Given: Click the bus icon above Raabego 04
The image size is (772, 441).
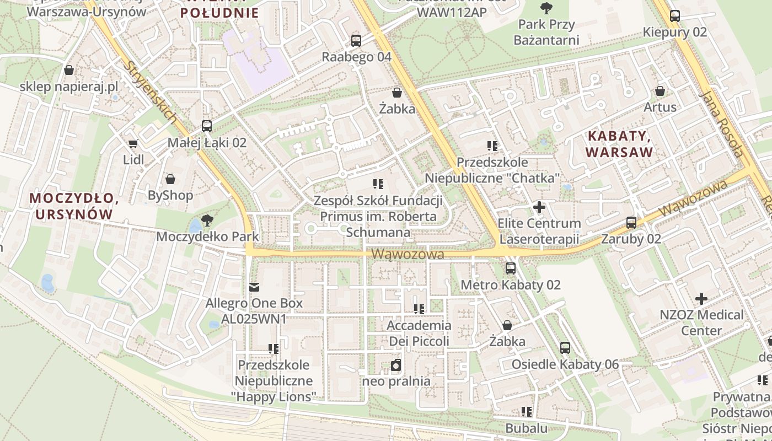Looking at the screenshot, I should tap(356, 40).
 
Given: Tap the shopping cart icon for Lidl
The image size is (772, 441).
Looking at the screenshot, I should tap(133, 144).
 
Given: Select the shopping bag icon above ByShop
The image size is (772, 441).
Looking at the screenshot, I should tap(170, 179).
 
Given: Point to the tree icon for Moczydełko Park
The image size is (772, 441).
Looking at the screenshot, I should tap(207, 220).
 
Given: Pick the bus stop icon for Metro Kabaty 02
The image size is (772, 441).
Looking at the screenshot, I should tap(511, 268).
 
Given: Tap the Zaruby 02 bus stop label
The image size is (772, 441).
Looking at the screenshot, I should tap(631, 239).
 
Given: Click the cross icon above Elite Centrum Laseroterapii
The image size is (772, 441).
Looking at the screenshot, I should tap(539, 207).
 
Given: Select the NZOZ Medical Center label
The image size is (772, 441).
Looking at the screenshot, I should tap(701, 322).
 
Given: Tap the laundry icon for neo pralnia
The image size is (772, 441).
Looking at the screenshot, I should tap(396, 365).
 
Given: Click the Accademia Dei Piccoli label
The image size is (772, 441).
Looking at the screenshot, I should tap(419, 334).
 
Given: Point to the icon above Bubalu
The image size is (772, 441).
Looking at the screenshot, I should tap(527, 412).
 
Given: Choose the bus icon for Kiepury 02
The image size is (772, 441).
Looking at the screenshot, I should tap(674, 16).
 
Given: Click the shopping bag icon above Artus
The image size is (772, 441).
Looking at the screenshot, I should tap(660, 91).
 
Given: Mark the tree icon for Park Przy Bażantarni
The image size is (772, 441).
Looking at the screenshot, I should tap(546, 8).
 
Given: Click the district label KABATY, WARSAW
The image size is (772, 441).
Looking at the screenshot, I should tap(620, 144).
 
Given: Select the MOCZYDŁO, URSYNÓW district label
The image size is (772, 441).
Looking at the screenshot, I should tap(74, 206).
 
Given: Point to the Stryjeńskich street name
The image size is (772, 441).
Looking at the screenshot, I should tap(150, 92).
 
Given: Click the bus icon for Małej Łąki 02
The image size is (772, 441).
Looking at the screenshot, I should tap(207, 126).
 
